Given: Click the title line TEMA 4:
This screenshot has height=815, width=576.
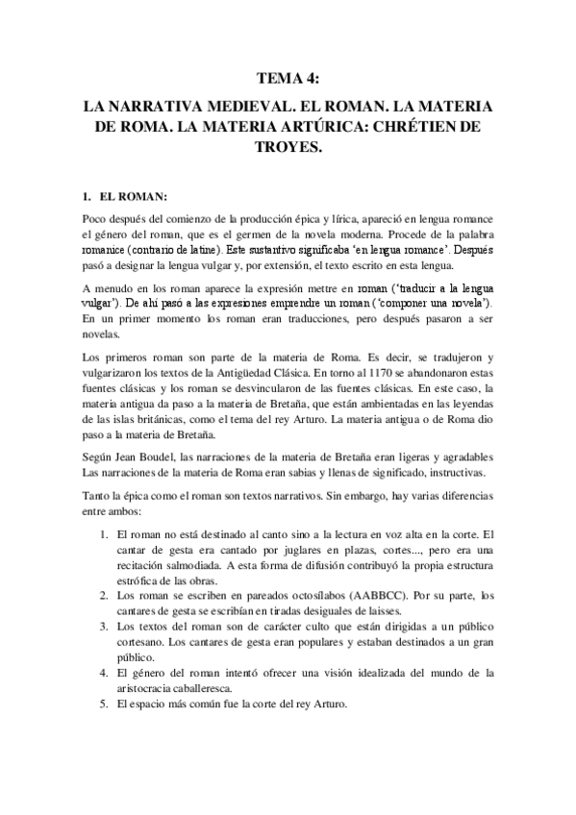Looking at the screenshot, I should [288, 80].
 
